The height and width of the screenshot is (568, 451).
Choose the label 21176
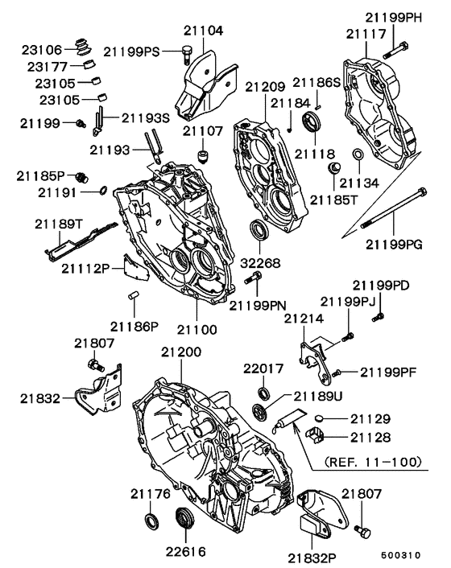point(151,493)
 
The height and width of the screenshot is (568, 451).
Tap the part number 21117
point(366,34)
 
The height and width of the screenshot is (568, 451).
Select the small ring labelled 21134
point(358,155)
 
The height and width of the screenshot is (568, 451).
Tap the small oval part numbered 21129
point(321,419)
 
